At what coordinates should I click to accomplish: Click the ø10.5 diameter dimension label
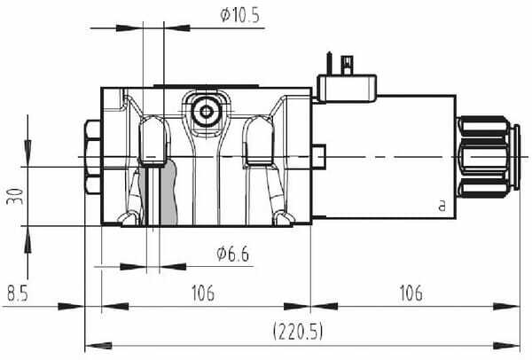[239, 15]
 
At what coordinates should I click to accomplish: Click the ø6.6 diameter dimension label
[232, 254]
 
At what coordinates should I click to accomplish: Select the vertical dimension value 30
[15, 196]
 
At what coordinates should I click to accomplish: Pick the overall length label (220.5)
[298, 331]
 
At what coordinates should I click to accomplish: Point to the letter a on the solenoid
[442, 206]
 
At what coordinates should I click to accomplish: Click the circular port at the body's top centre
[206, 112]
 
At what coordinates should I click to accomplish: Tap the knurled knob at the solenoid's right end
[488, 157]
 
